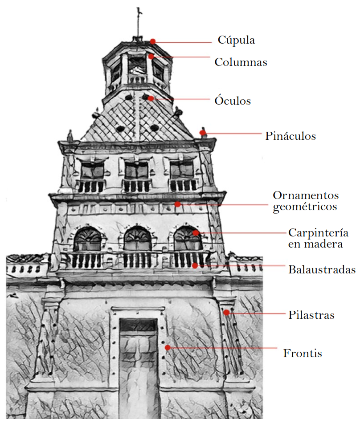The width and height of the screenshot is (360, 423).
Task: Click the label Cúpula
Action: pyautogui.click(x=236, y=40)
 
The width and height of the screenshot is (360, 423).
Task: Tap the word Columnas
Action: pyautogui.click(x=241, y=62)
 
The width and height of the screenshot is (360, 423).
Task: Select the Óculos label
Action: pyautogui.click(x=233, y=101)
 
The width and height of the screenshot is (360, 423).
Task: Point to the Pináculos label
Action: pyautogui.click(x=290, y=136)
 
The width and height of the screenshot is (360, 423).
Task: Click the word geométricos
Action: pyautogui.click(x=305, y=207)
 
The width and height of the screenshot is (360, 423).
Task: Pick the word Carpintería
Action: pyautogui.click(x=318, y=232)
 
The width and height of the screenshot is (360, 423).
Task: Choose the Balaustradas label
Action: pyautogui.click(x=322, y=270)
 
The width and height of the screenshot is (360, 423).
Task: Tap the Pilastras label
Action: pyautogui.click(x=311, y=315)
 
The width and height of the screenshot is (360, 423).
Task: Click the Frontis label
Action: pyautogui.click(x=303, y=354)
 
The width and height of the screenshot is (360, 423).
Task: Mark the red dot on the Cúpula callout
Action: pyautogui.click(x=153, y=41)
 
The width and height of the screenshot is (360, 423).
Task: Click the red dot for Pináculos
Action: pyautogui.click(x=203, y=132)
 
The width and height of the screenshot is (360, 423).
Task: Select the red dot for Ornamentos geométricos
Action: pyautogui.click(x=177, y=204)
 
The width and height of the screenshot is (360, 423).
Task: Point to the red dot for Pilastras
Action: pyautogui.click(x=226, y=313)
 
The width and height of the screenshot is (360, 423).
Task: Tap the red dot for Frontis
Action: pyautogui.click(x=168, y=347)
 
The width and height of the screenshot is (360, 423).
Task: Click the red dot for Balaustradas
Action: pyautogui.click(x=195, y=266)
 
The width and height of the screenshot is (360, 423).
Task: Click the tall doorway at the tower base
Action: pyautogui.click(x=138, y=365)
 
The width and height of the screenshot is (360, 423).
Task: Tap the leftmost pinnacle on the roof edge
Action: pyautogui.click(x=70, y=135)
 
